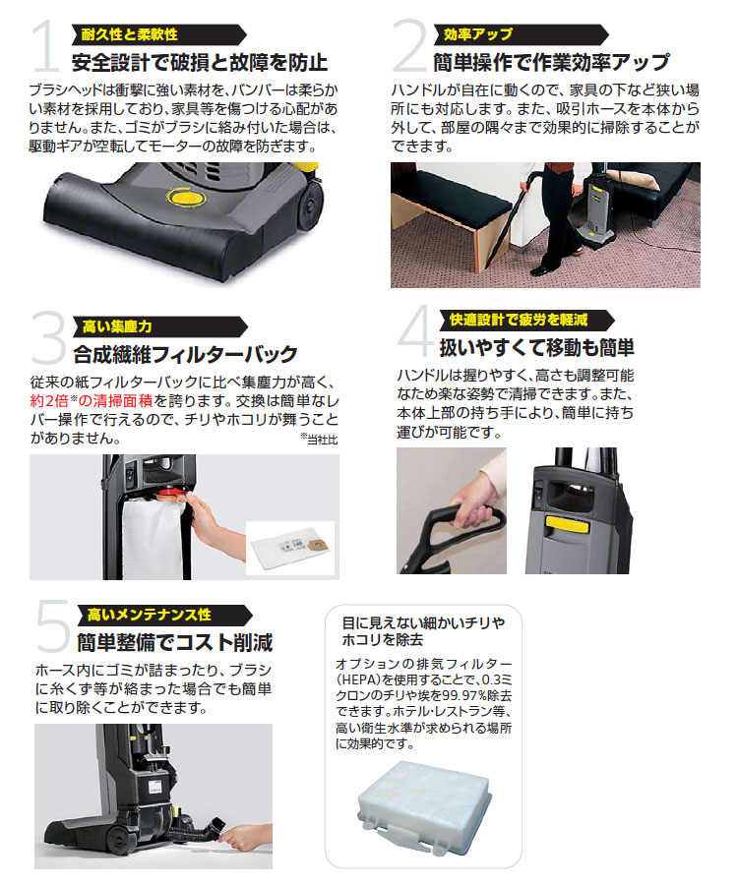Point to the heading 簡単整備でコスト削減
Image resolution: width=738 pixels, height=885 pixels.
(174, 644)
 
